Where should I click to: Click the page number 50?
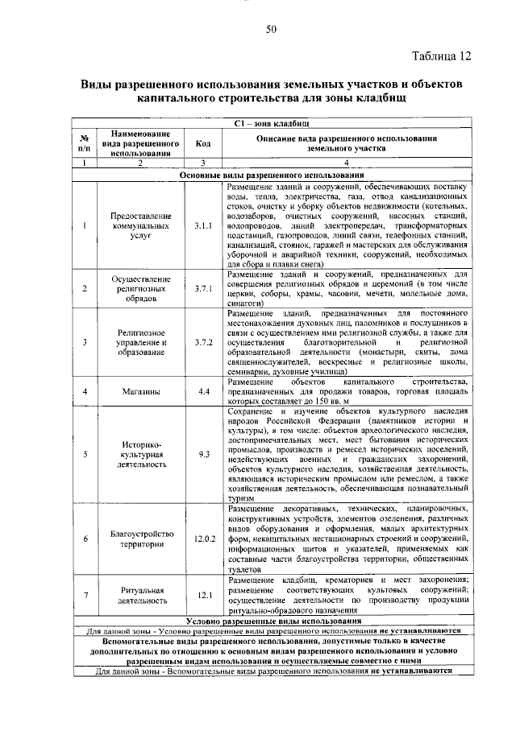click(271, 31)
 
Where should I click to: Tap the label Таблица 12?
click(439, 56)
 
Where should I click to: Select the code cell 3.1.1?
click(202, 225)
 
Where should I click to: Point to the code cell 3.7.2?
click(202, 341)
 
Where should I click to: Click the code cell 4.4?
click(202, 391)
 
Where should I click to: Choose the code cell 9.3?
click(202, 454)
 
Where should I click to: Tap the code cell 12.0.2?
click(202, 536)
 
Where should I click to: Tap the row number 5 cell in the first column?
click(84, 454)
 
